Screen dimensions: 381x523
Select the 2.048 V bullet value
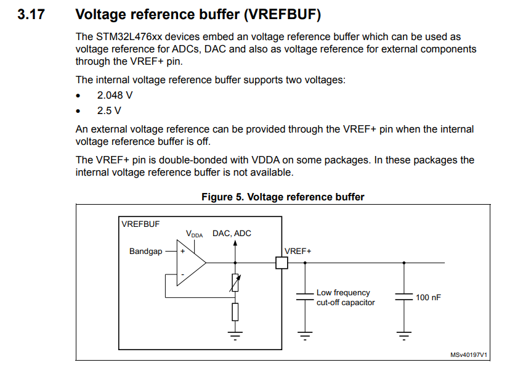[115, 96]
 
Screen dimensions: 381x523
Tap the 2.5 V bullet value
[109, 111]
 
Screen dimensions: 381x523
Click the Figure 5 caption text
[283, 197]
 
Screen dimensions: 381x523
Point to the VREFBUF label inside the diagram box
[140, 224]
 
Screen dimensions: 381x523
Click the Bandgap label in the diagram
[145, 252]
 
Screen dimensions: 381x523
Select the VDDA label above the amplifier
[194, 234]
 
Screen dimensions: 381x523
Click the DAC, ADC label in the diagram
[232, 234]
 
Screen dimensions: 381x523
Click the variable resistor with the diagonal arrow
[235, 283]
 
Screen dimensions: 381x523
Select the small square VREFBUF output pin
[282, 263]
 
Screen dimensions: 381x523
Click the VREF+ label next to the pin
[298, 252]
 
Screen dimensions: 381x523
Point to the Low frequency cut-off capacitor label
[345, 298]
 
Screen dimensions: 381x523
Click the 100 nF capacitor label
[428, 298]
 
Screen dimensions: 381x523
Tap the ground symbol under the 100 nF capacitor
[404, 336]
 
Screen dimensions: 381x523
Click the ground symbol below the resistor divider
[235, 335]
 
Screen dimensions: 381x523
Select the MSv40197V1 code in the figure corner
[469, 355]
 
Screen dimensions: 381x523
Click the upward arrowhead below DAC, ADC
[235, 243]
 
